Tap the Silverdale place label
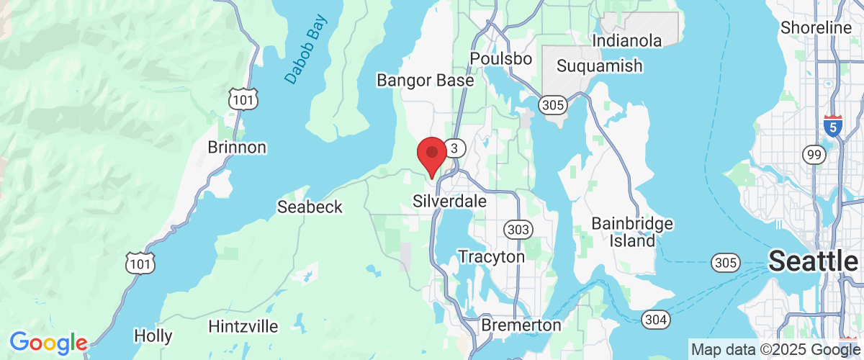(x=450, y=201)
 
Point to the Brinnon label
(x=237, y=148)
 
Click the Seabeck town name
(x=310, y=207)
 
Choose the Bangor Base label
(x=426, y=80)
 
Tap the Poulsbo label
(x=500, y=58)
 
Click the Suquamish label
(x=600, y=66)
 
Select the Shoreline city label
(x=816, y=28)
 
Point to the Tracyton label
(x=492, y=256)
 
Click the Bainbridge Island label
(x=632, y=232)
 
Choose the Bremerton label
(x=521, y=325)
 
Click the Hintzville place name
(x=243, y=326)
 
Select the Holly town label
(x=153, y=336)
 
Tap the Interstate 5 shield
(x=833, y=125)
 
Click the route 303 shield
(x=518, y=230)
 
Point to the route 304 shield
(x=656, y=318)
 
